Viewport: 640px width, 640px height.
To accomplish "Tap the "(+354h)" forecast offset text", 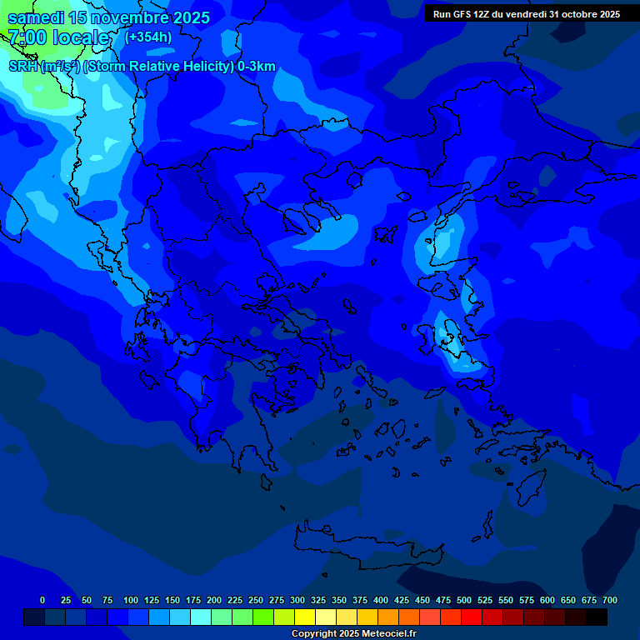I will coord(148,37).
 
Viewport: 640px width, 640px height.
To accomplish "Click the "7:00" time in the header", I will coord(27,37).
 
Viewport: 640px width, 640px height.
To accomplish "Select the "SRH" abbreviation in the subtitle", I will coord(22,67).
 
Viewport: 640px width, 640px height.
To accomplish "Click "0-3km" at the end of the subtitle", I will coord(257,67).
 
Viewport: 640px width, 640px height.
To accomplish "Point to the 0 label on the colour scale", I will coord(42,600).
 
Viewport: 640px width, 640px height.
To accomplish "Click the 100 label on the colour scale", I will coord(131,600).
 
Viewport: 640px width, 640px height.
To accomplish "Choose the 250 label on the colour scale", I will coord(256,600).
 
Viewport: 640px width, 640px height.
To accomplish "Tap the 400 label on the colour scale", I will coord(381,600).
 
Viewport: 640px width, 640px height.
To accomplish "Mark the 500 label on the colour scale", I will coord(464,600).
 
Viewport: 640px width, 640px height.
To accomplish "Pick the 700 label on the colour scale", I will coord(610,600).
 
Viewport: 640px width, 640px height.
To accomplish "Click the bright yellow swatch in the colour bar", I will coord(305,617).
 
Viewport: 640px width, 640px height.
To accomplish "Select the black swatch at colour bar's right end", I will coord(597,617).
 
